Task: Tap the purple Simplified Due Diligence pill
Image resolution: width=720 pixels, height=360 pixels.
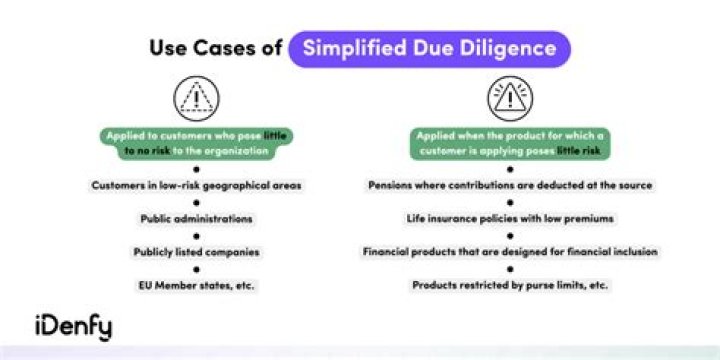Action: (x=429, y=48)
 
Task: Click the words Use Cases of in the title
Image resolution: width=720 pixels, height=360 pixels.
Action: (x=215, y=48)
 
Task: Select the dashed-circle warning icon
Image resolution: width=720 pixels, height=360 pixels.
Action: (x=196, y=97)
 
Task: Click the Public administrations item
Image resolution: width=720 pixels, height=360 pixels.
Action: (x=196, y=218)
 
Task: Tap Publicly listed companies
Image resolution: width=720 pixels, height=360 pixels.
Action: (x=196, y=251)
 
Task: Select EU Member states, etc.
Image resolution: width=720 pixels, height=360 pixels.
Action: (x=196, y=285)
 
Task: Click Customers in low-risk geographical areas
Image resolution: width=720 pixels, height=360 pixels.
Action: (x=196, y=185)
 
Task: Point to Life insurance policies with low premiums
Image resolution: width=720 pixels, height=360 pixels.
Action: (x=510, y=218)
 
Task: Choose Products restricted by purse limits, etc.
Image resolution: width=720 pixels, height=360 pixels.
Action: (x=510, y=285)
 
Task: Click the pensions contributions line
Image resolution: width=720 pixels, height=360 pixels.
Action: (x=510, y=185)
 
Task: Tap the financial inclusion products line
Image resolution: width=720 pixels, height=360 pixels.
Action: (x=510, y=251)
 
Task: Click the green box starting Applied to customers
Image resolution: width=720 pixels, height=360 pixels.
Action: (x=196, y=143)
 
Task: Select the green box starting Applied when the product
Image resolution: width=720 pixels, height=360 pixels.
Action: (x=510, y=143)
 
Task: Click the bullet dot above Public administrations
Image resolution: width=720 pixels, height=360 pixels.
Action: (x=196, y=202)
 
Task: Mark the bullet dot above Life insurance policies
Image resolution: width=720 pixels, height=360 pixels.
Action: (x=510, y=202)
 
